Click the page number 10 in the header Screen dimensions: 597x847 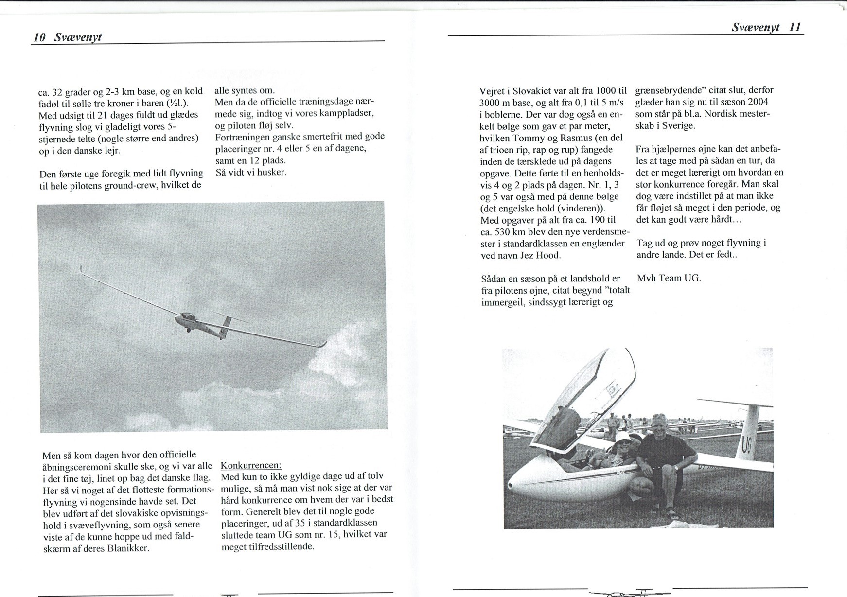[x=39, y=37]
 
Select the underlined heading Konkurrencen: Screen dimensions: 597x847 [x=251, y=465]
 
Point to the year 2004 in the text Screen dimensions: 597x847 [x=758, y=102]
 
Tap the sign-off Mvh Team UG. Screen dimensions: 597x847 [x=669, y=278]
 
